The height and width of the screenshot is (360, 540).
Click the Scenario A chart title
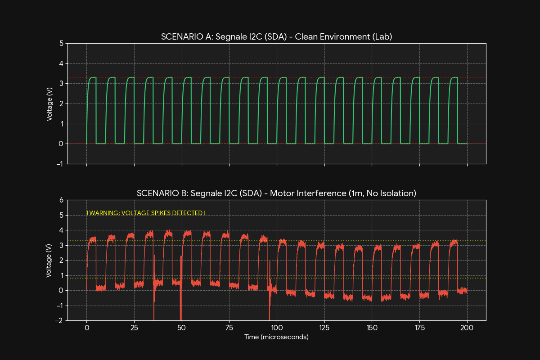coord(276,37)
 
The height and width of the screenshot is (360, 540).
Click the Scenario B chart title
coord(276,193)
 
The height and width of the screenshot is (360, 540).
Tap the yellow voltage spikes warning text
coord(146,213)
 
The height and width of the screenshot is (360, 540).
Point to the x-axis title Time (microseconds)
coord(276,337)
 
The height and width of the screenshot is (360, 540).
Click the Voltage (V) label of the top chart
coord(49,103)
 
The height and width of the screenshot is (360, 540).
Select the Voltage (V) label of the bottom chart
coord(49,260)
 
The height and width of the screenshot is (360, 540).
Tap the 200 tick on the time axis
coord(467,328)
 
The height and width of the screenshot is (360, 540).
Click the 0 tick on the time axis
coord(86,328)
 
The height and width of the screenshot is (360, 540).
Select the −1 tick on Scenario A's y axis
coord(59,164)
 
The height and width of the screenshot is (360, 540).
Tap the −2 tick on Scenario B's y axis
coord(59,320)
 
